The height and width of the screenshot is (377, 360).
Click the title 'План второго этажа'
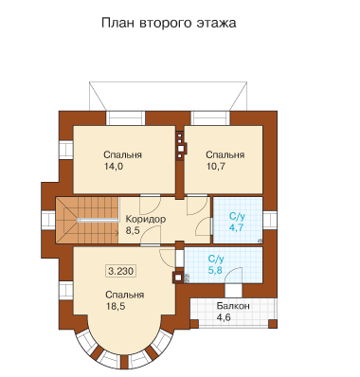tap(169, 24)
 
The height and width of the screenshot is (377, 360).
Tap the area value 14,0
tap(114, 167)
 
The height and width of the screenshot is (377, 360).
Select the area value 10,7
tap(216, 167)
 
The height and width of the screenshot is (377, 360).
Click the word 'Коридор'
tap(146, 219)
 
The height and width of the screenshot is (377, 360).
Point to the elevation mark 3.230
tap(121, 271)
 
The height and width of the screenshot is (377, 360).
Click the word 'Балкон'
tap(233, 306)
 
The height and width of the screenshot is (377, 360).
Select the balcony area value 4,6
tap(224, 317)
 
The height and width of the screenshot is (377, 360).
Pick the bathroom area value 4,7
tap(236, 227)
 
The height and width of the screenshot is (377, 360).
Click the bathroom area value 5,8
tap(216, 270)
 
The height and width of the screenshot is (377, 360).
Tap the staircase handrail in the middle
tap(98, 220)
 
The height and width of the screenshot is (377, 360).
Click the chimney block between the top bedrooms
tap(180, 145)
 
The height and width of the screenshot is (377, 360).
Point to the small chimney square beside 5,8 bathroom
tap(178, 278)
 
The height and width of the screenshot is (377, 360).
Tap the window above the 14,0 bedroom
tap(125, 118)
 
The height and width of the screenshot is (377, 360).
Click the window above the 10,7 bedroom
tap(210, 118)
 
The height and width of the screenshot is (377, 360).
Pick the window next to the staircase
tap(48, 220)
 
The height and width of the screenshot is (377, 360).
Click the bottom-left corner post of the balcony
tap(194, 324)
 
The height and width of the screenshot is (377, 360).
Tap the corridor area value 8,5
tap(133, 230)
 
